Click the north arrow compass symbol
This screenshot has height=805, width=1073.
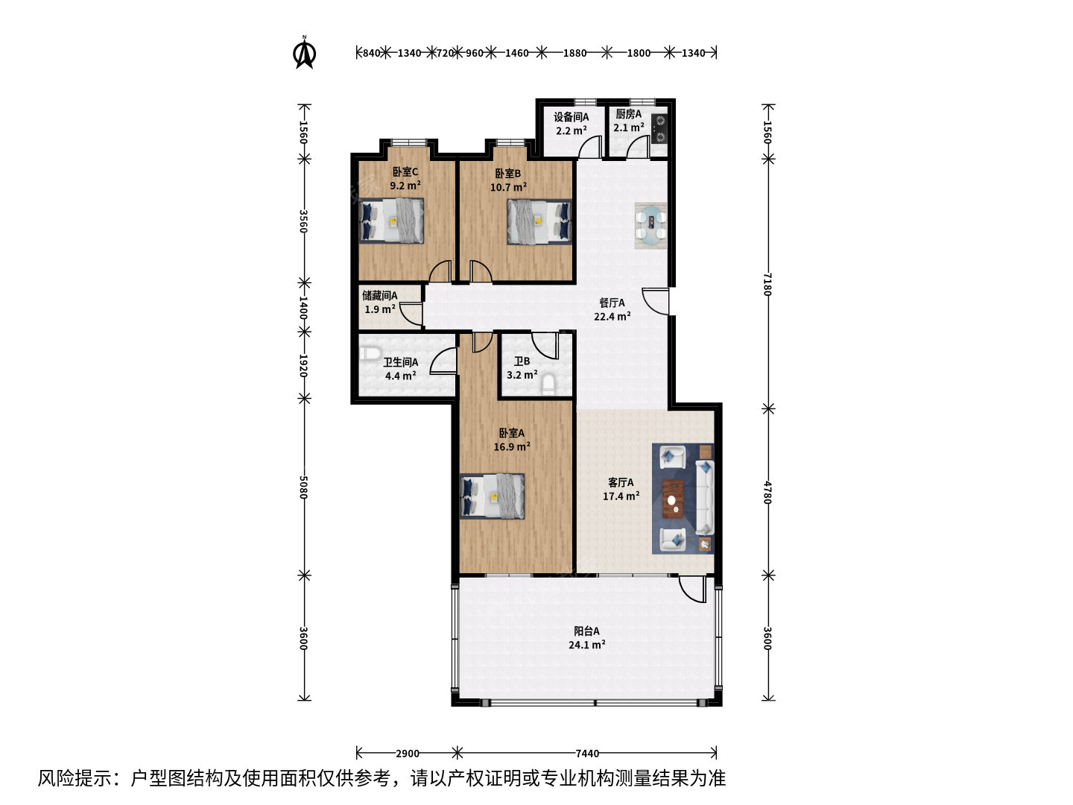(304, 52)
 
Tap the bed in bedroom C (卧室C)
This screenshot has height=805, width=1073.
(391, 221)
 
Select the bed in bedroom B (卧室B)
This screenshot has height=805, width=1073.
(539, 221)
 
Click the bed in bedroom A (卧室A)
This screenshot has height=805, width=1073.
(492, 496)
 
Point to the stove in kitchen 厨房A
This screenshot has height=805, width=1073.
(659, 128)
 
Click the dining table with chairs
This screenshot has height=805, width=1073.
(651, 226)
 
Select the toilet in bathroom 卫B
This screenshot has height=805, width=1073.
(548, 384)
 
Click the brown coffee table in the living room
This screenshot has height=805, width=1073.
(673, 499)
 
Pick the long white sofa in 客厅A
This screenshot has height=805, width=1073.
(704, 496)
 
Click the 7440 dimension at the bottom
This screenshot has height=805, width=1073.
(587, 753)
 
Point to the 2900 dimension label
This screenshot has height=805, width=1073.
(407, 753)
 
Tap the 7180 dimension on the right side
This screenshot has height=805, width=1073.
(767, 285)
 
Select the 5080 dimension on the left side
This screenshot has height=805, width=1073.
(303, 487)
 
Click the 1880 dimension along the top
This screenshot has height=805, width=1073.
(575, 53)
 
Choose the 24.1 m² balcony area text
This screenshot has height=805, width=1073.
(586, 645)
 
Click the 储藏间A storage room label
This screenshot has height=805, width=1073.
(380, 296)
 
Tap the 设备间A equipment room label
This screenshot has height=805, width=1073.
(571, 117)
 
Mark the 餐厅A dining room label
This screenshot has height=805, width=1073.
(612, 303)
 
